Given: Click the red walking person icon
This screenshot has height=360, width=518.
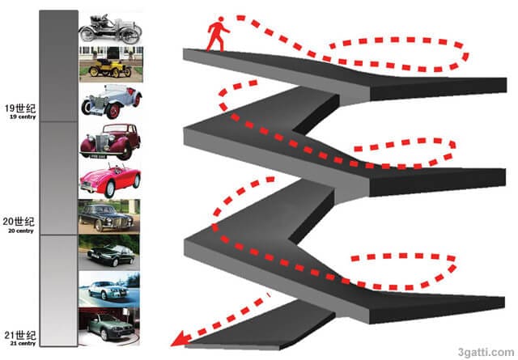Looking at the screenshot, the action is (x=217, y=34).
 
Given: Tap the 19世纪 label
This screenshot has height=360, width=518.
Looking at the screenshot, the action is (x=19, y=108).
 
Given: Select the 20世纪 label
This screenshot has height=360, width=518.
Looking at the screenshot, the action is (x=19, y=222).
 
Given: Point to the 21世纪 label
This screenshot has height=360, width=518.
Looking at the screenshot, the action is (x=19, y=335).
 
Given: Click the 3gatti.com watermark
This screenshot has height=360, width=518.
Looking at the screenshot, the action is (x=486, y=352).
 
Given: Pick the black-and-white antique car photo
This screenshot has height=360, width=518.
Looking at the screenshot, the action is (x=111, y=29).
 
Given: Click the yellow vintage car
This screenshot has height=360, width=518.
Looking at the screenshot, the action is (x=110, y=67).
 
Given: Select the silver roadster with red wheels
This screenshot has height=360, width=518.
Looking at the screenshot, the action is (x=112, y=101).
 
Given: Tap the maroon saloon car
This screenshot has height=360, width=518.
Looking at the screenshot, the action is (x=110, y=141).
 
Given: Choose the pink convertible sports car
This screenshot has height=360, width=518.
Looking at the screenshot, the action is (x=110, y=180).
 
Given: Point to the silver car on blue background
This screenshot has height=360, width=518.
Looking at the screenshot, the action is (x=109, y=290).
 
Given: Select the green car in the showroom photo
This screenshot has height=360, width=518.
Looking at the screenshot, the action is (x=109, y=326).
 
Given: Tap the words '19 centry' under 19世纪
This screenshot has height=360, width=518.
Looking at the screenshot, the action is (x=23, y=117).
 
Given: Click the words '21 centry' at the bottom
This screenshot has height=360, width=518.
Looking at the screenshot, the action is (x=23, y=344).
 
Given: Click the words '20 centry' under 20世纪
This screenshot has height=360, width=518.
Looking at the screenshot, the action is (x=21, y=231).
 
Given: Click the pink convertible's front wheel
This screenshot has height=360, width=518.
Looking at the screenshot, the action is (x=109, y=189).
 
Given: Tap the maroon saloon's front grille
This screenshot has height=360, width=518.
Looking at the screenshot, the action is (x=102, y=143).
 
